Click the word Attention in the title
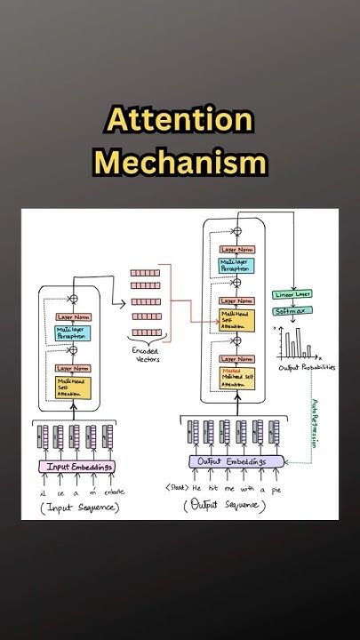(180, 121)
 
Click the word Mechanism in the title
(180, 163)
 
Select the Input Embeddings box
(76, 468)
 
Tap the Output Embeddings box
(236, 461)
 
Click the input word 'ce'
(60, 492)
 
